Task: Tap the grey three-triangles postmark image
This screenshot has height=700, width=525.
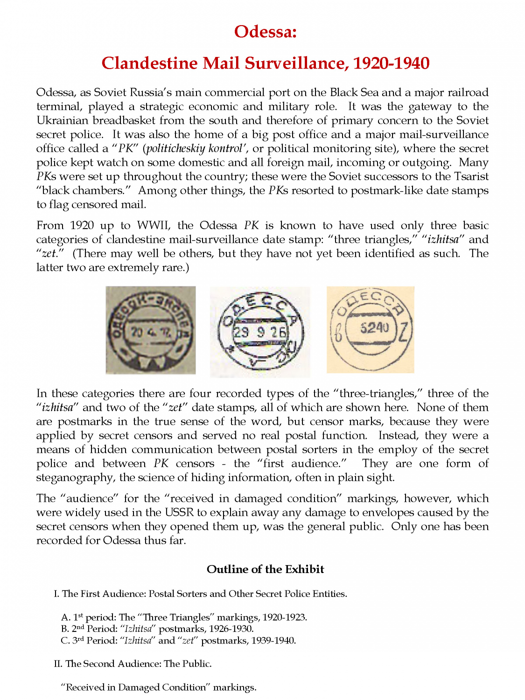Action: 150,330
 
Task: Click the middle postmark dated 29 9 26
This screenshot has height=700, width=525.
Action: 260,332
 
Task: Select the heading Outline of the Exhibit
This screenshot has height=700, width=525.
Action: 265,569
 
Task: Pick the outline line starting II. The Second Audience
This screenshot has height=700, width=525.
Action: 133,664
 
